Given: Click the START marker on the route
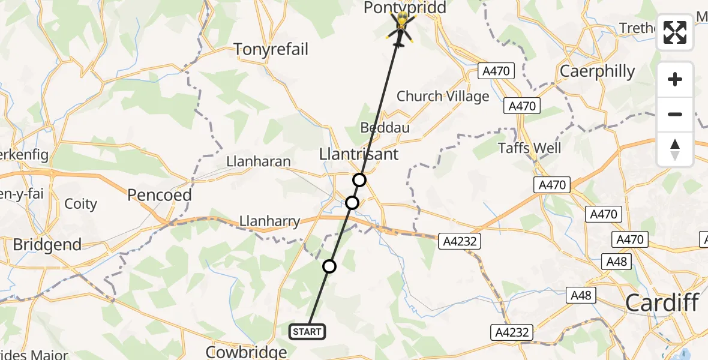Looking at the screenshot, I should tap(308, 331).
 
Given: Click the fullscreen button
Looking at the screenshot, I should tap(675, 32).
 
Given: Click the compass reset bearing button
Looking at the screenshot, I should tap(675, 149).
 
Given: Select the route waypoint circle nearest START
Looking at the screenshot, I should tap(329, 266).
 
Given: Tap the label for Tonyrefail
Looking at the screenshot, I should tap(271, 49).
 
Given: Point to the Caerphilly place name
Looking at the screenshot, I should tap(597, 71).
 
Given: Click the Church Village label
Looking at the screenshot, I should tap(443, 96).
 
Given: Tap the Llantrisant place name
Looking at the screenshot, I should tap(359, 154).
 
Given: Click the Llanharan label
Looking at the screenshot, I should tap(259, 161).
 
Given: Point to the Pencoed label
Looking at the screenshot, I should tap(160, 195).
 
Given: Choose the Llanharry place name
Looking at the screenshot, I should tap(269, 221).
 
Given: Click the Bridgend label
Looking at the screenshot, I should tap(47, 245).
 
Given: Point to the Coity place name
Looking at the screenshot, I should tap(80, 204).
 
